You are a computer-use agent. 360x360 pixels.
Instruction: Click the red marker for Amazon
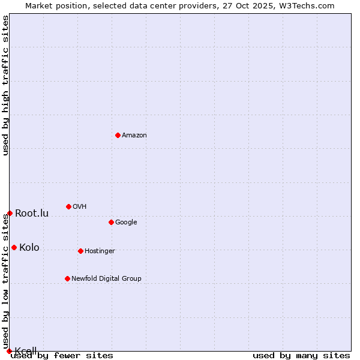[x=118, y=135]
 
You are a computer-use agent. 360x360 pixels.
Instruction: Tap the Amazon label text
[x=134, y=136]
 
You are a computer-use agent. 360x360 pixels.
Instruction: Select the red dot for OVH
[x=68, y=206]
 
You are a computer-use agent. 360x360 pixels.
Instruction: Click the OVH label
[x=80, y=207]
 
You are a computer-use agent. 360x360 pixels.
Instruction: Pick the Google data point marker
[x=111, y=222]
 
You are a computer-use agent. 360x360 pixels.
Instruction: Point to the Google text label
[x=126, y=223]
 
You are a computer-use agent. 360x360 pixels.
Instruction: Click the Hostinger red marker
[x=80, y=251]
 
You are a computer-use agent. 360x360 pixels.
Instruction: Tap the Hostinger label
[x=100, y=251]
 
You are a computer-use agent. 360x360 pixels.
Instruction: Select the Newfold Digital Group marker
[x=67, y=278]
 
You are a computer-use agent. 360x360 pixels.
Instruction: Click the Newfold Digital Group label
[x=106, y=279]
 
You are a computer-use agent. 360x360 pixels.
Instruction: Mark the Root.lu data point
[x=10, y=213]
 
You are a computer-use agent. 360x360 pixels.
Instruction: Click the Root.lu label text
[x=32, y=214]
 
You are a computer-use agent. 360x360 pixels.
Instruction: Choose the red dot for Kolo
[x=14, y=247]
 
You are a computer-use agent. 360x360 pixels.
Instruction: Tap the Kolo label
[x=29, y=248]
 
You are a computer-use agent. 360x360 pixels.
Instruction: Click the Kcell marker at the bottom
[x=9, y=351]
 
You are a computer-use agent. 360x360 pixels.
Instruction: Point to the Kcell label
[x=26, y=351]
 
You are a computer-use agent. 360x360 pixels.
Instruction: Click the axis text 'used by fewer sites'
[x=62, y=356]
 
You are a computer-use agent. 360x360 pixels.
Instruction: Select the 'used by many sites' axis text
[x=301, y=356]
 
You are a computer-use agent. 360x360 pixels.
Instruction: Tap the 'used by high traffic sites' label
[x=6, y=85]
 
